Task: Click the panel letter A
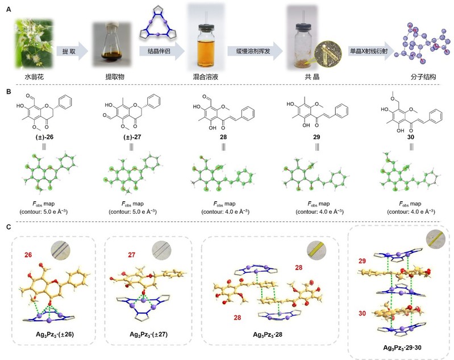click(8, 9)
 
